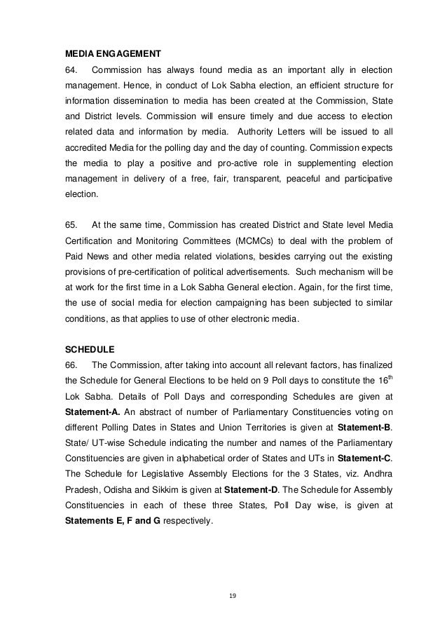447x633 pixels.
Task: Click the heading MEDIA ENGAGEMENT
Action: coord(113,53)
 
